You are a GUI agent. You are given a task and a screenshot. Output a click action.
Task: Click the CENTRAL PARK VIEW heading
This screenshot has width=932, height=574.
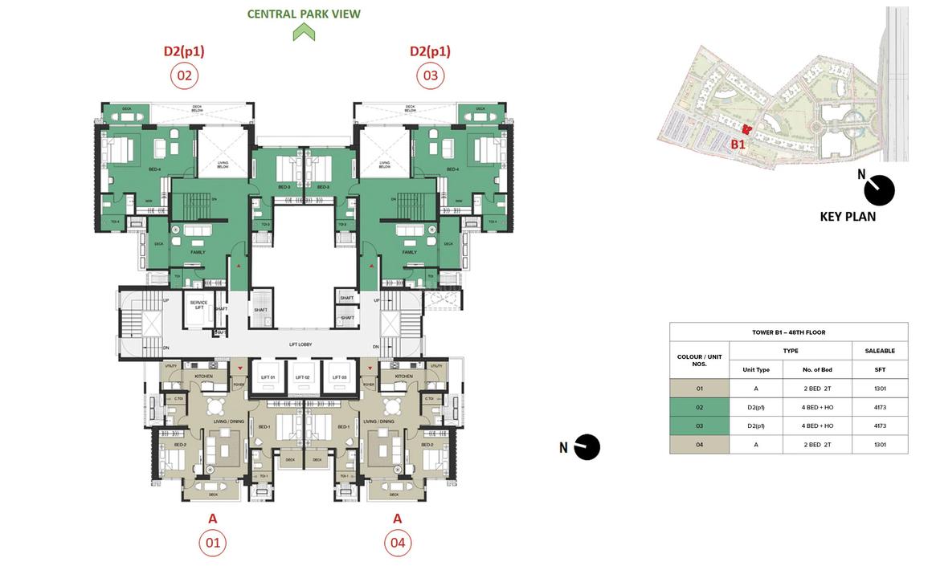304,14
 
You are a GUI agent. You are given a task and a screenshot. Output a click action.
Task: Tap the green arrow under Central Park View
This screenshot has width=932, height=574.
304,33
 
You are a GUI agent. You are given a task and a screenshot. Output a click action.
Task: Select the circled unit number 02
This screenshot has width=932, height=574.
184,76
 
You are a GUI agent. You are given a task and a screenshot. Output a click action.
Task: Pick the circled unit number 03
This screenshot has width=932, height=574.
430,76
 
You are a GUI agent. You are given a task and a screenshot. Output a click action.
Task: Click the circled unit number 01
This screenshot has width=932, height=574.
212,543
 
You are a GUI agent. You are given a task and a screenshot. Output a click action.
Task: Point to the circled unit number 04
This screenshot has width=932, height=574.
397,543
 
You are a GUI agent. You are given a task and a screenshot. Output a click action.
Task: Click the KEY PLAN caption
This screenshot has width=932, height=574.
848,216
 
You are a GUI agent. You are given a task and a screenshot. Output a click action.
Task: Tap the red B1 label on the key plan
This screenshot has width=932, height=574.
738,145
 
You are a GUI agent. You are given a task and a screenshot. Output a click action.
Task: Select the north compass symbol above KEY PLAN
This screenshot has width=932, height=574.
879,189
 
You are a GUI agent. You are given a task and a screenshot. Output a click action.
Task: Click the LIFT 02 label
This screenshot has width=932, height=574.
302,377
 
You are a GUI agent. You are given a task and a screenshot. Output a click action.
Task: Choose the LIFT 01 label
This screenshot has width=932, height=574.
268,377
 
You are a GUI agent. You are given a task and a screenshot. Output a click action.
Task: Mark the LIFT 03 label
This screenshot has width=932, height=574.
337,377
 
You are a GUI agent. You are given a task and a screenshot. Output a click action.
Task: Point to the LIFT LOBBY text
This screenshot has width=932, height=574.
300,344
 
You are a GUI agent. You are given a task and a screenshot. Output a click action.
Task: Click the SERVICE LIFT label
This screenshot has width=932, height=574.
198,305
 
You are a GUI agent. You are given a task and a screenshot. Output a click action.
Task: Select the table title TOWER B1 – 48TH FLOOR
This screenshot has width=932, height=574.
788,332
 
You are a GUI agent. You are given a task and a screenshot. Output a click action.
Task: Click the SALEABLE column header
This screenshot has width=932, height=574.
880,351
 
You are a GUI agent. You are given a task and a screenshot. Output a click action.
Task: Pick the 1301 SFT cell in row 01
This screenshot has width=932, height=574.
880,389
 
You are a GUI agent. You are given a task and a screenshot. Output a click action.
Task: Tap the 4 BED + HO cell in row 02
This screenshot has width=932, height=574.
817,407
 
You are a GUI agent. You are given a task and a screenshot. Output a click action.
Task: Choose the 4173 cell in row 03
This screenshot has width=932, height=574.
880,425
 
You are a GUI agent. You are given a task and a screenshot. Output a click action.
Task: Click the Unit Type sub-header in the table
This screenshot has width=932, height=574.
756,369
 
